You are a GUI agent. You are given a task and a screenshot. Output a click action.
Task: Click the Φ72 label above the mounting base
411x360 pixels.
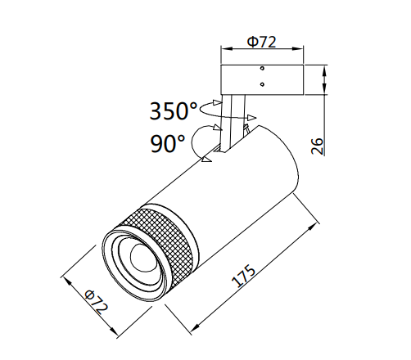[261, 42]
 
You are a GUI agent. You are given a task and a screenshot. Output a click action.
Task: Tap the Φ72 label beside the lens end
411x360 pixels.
[96, 302]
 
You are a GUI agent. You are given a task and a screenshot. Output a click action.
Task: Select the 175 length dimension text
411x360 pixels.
[244, 276]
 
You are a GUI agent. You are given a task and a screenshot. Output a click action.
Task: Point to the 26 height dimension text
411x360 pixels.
[317, 146]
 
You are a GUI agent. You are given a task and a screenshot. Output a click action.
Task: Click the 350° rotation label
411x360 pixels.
[174, 111]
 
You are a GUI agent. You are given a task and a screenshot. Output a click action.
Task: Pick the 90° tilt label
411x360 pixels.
[168, 144]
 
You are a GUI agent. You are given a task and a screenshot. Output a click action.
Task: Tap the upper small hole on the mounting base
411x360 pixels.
[262, 68]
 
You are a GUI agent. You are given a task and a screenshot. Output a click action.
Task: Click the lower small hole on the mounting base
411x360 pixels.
[262, 84]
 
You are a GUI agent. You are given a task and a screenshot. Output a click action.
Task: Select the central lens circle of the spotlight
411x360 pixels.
[141, 257]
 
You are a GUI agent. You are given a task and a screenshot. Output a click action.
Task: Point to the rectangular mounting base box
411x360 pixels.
[262, 80]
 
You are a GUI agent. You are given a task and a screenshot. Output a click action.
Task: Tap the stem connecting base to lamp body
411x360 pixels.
[233, 123]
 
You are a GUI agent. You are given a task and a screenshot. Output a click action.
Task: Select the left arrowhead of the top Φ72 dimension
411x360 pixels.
[227, 49]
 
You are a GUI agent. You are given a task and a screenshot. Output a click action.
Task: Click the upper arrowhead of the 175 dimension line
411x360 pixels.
[313, 228]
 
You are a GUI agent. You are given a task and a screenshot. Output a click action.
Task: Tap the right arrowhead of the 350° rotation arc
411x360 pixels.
[252, 118]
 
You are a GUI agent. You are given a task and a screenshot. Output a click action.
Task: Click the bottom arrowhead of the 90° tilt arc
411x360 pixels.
[206, 160]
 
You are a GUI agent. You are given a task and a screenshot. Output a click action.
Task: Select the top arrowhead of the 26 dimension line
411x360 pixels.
[324, 71]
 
